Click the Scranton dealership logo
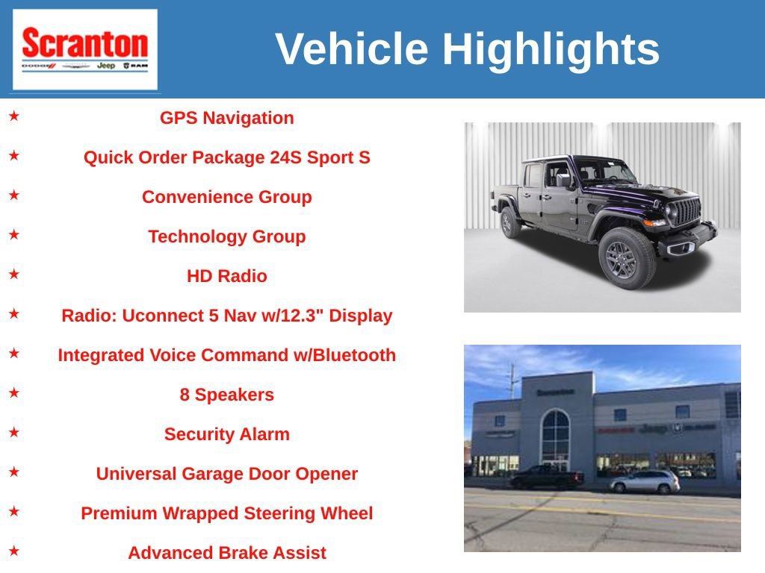point(84,49)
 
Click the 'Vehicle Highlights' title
point(467,49)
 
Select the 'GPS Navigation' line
point(226,118)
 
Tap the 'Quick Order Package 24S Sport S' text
point(226,157)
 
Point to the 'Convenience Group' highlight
point(226,197)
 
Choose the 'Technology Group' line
point(226,237)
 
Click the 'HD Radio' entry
point(226,276)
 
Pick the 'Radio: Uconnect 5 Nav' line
point(226,316)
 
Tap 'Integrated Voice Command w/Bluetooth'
point(226,355)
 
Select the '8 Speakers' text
point(226,395)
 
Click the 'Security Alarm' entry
point(226,434)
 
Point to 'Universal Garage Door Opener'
point(226,474)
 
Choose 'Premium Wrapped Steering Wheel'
point(226,513)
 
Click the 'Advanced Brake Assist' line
point(226,553)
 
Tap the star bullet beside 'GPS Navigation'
point(14,116)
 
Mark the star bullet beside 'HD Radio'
point(14,275)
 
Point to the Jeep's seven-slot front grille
point(687,212)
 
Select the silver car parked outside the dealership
point(644,482)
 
